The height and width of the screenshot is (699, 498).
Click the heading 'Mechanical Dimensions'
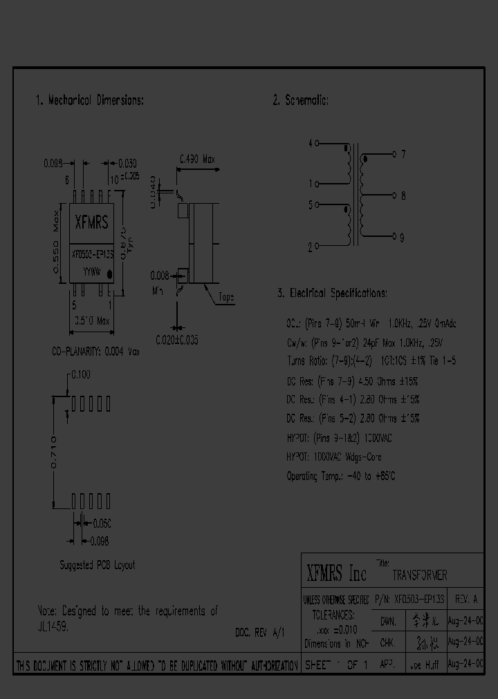click(89, 101)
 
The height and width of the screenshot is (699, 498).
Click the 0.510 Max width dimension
click(91, 321)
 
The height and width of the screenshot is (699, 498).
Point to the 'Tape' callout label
click(226, 298)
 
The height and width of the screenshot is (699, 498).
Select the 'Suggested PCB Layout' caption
click(97, 565)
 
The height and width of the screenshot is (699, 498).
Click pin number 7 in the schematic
click(403, 155)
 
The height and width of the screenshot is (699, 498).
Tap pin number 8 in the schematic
click(403, 195)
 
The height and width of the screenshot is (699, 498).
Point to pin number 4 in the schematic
click(311, 144)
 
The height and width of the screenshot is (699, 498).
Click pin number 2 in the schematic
click(311, 246)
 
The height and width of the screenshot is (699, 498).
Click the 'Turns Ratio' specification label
click(309, 361)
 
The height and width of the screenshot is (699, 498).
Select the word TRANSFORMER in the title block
click(420, 575)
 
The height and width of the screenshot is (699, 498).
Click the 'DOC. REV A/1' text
click(259, 631)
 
